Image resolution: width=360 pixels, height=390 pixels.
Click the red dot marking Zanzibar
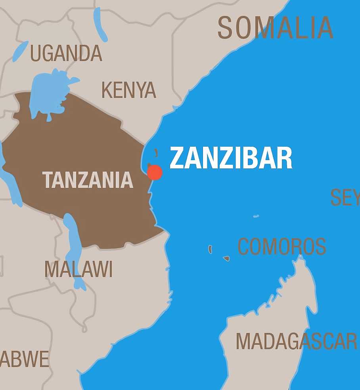[155, 172]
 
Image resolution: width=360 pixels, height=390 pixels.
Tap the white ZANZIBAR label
[231, 158]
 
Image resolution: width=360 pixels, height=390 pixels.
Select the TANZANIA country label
[88, 180]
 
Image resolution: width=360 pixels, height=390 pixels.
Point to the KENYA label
[129, 90]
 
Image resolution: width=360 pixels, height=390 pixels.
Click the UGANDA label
[66, 53]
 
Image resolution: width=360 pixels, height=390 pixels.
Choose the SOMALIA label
[275, 28]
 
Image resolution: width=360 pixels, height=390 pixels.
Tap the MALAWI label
[79, 270]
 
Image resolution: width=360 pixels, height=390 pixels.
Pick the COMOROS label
[281, 247]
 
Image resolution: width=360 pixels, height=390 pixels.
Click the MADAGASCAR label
[296, 341]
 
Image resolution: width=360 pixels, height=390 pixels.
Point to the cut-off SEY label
[345, 197]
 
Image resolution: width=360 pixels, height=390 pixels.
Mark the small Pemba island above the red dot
[156, 153]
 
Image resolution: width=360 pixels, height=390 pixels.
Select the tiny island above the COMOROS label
[256, 216]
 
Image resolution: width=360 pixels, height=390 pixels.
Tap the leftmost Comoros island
[210, 249]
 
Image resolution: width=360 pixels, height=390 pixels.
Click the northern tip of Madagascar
[301, 258]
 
